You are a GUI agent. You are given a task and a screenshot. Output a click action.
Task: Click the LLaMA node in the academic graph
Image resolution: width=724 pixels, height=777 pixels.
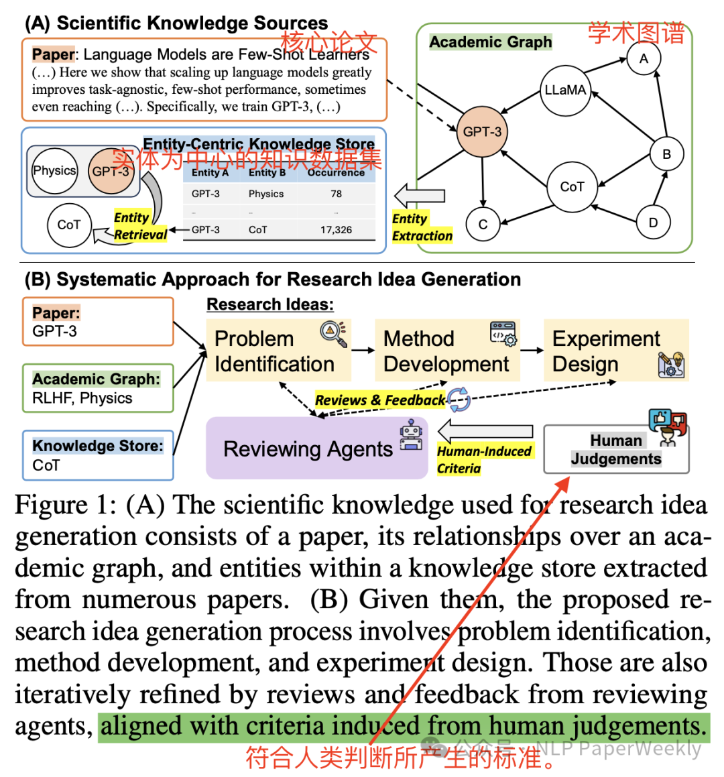tap(564, 90)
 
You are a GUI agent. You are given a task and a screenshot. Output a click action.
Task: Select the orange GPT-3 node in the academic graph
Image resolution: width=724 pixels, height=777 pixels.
tap(482, 131)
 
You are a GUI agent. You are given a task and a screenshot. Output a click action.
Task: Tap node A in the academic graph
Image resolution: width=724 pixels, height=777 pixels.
tap(644, 59)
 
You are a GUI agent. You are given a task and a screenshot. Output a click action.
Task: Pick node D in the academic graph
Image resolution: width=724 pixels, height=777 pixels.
tap(653, 223)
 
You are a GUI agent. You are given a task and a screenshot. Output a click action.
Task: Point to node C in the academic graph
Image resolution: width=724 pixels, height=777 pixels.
tap(483, 225)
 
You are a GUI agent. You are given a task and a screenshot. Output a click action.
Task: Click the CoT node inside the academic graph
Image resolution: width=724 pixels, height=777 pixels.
tap(572, 187)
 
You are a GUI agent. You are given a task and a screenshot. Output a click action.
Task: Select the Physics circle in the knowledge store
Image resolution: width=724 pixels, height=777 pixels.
tap(54, 171)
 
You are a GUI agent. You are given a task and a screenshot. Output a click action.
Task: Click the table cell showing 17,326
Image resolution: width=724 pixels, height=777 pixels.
tap(336, 229)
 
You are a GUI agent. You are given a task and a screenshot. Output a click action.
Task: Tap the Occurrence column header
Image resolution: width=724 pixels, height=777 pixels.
tap(336, 173)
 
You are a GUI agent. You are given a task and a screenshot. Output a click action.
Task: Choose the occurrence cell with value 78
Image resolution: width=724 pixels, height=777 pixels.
tap(336, 194)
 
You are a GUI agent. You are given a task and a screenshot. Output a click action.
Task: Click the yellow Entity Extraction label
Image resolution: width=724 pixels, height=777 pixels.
tap(422, 227)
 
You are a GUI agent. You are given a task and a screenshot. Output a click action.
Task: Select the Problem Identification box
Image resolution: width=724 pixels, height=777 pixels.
tap(278, 351)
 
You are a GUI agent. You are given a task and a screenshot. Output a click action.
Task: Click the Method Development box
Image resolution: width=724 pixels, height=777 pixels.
tap(446, 351)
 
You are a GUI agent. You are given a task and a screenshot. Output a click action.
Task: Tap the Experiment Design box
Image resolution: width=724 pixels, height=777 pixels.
tap(615, 351)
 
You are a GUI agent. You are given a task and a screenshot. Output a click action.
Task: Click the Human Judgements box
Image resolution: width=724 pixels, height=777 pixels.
tap(615, 449)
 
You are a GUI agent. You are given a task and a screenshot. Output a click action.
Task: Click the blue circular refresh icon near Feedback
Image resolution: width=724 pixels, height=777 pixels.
tap(459, 400)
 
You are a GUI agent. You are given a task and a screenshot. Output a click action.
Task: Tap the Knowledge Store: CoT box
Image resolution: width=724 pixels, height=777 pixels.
tap(98, 455)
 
